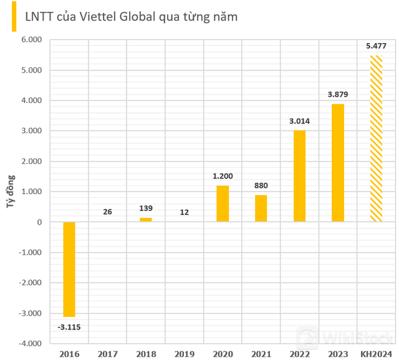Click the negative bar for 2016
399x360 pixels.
pos(69,269)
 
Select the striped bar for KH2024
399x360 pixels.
pos(376,139)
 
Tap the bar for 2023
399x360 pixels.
pos(338,163)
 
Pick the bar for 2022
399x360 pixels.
pos(299,176)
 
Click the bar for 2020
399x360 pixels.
pos(223,203)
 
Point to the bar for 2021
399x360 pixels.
pos(261,208)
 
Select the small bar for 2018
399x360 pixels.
pos(146,220)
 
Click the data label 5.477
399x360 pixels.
pos(376,46)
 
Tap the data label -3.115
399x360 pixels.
pos(69,327)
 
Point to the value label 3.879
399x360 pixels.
pos(338,95)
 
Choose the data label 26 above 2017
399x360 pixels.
pos(107,212)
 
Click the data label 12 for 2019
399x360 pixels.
pos(184,212)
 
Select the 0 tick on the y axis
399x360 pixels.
pos(39,222)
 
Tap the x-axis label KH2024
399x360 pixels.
pos(376,354)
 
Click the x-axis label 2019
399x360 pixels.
pos(184,354)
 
